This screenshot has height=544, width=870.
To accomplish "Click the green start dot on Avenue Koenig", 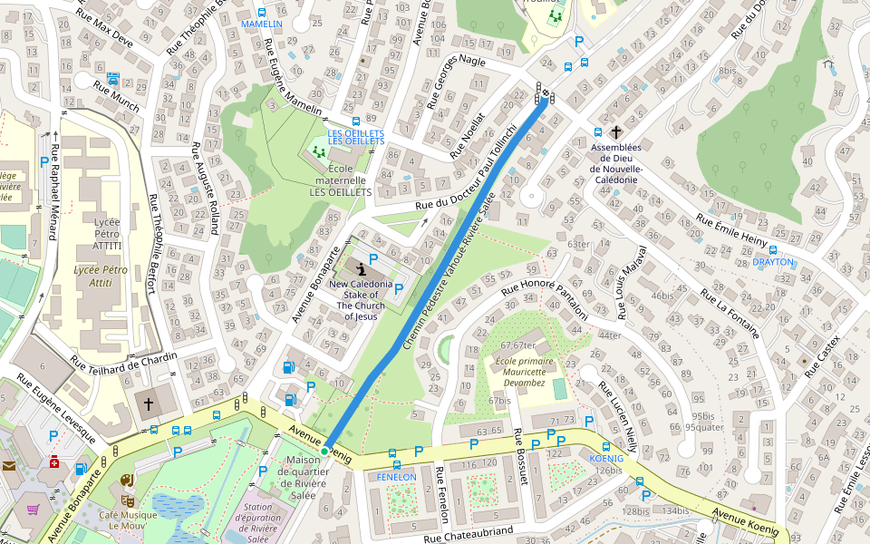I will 324,451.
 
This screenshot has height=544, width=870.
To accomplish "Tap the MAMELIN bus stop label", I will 261,24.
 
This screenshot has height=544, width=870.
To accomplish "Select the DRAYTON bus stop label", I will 772,262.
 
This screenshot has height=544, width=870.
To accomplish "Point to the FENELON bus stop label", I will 396,477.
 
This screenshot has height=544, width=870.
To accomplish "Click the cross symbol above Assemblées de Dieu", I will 615,131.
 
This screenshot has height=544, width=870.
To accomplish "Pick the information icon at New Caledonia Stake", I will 362,268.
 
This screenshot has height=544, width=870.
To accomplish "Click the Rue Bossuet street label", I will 520,458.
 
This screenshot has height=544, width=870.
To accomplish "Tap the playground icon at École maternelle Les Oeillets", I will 319,151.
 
